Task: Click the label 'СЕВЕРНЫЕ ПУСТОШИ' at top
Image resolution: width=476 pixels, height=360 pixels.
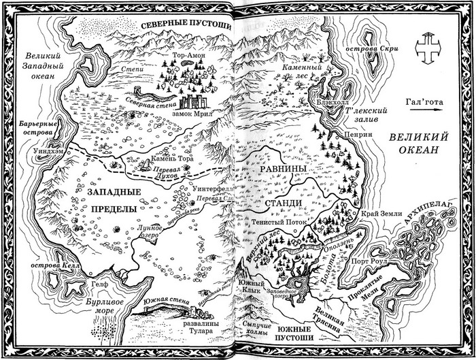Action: tap(177, 25)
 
